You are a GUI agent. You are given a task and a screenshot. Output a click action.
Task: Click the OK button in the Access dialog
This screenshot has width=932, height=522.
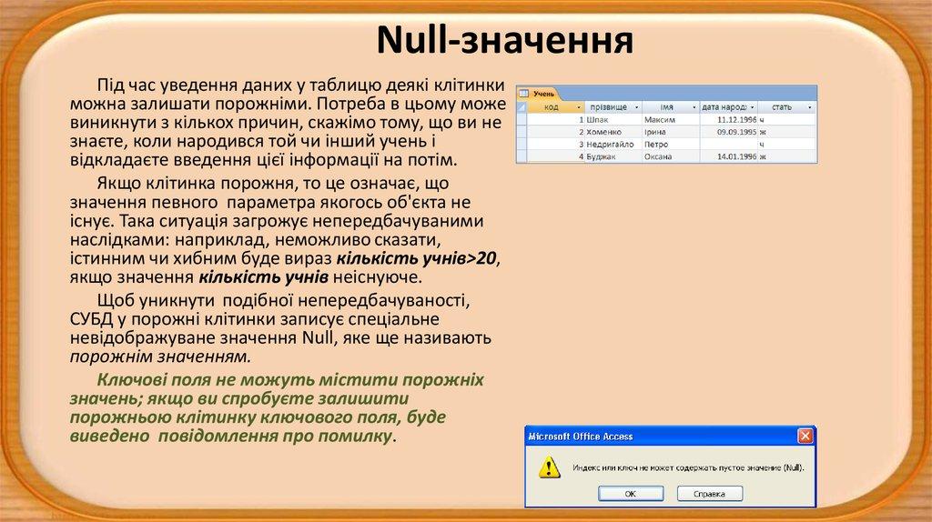tap(630, 493)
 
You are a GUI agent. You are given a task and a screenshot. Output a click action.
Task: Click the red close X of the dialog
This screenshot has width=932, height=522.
tap(805, 437)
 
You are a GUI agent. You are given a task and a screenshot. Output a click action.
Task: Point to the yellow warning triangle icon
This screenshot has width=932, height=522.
tap(548, 467)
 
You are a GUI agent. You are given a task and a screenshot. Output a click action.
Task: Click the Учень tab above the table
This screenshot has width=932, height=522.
tap(543, 93)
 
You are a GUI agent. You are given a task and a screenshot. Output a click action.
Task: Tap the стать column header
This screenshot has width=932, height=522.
tap(781, 106)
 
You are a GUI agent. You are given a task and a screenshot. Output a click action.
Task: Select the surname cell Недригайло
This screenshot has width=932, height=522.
tap(612, 144)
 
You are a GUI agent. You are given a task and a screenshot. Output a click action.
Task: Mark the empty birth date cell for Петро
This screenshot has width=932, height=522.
tap(728, 144)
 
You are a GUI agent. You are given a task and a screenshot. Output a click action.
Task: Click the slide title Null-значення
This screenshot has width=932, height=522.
tap(504, 40)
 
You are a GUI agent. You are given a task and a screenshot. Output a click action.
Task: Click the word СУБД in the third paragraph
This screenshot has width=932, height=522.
tap(91, 318)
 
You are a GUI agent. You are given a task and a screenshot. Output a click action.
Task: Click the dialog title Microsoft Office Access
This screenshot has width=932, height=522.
tap(581, 437)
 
